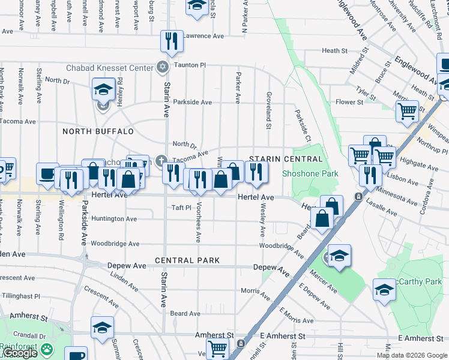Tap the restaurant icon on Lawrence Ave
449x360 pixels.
pyautogui.click(x=172, y=40)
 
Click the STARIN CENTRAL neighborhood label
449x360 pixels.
pyautogui.click(x=286, y=159)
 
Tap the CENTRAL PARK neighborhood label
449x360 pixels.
pyautogui.click(x=187, y=260)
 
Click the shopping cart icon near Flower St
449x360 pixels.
pyautogui.click(x=407, y=111)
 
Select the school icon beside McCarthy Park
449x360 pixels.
pyautogui.click(x=384, y=290)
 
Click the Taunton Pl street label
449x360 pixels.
pyautogui.click(x=190, y=65)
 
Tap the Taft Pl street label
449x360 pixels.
pyautogui.click(x=181, y=208)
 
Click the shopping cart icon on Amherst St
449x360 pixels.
pyautogui.click(x=217, y=347)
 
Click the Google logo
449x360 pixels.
pyautogui.click(x=20, y=353)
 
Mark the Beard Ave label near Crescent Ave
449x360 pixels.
pyautogui.click(x=185, y=313)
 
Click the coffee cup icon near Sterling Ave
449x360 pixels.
pyautogui.click(x=47, y=173)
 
